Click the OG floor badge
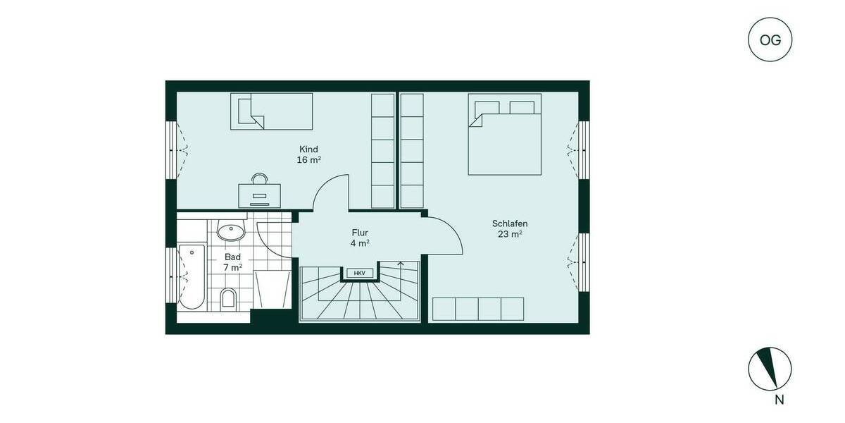tap(770, 39)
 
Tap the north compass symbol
tap(770, 368)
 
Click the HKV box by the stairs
tap(359, 273)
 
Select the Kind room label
tap(308, 149)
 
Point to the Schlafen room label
tap(510, 223)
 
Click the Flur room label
tap(360, 233)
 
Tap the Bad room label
tap(232, 257)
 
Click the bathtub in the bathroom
tap(191, 277)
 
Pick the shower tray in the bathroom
tap(271, 288)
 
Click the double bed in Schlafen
tap(505, 138)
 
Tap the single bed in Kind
tap(271, 111)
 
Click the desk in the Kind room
tap(259, 195)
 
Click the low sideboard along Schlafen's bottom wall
tap(478, 309)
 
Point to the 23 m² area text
tap(510, 235)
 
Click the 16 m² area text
tap(308, 160)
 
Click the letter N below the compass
tap(779, 400)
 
